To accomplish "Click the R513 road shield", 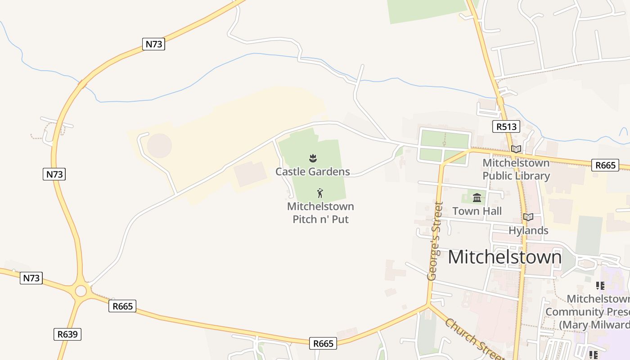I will (x=506, y=126).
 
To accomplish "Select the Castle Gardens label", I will (x=312, y=171).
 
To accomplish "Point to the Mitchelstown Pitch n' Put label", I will (x=320, y=213).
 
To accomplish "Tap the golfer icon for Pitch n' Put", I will (x=320, y=193).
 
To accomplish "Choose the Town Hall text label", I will (x=477, y=211).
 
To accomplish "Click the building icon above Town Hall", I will (x=477, y=198).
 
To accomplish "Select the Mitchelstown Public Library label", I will (x=516, y=169).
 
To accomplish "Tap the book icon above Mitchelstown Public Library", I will (x=516, y=149).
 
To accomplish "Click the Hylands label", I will (x=528, y=230).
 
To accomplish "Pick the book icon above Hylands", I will (x=528, y=217).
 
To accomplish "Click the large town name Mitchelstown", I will (x=504, y=257).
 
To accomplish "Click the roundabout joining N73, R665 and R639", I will (x=81, y=291).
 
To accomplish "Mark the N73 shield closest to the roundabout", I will (x=31, y=278).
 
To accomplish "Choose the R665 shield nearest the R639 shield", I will (x=122, y=306).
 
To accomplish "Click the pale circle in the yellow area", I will (x=159, y=145).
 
